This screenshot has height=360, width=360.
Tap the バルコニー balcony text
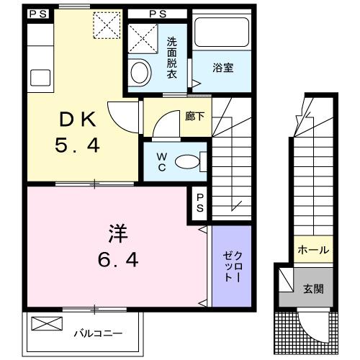[x=99, y=333]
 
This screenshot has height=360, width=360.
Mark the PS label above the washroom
[x=158, y=14]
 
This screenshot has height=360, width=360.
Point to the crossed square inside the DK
[x=106, y=27]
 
